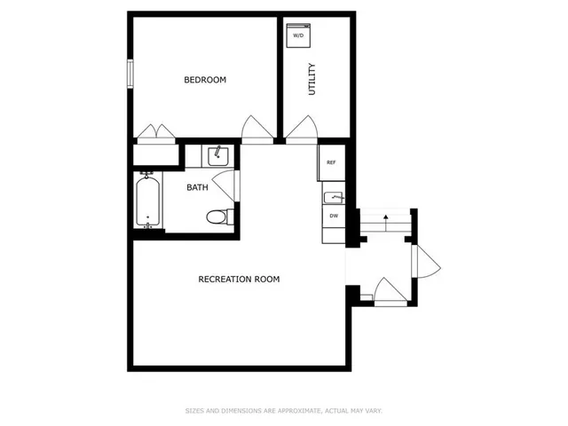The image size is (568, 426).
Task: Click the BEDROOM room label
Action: (205, 80)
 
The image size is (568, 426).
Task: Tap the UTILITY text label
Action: (312, 80)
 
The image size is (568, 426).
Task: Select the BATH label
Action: (197, 187)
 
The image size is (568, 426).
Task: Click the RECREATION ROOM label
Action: (239, 279)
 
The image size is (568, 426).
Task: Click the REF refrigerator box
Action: (331, 162)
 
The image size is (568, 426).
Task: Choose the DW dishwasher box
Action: (334, 216)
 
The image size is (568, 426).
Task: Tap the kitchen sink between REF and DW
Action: (333, 197)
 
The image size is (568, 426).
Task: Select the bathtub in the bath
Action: (147, 201)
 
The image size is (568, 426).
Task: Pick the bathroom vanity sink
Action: (217, 157)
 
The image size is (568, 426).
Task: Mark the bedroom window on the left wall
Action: (130, 73)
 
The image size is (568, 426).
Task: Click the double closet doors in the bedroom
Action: (155, 133)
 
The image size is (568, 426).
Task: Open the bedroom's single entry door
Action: (256, 131)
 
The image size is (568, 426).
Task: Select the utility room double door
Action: (302, 131)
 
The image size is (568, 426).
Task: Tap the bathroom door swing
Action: (229, 185)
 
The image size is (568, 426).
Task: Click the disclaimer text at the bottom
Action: (283, 410)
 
